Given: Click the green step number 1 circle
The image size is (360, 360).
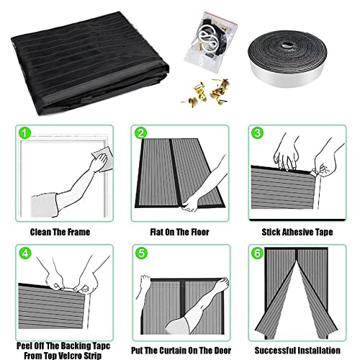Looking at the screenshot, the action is (24, 133).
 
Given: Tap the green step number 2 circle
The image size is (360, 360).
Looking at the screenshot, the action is (140, 133).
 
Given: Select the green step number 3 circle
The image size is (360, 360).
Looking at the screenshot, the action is (258, 132).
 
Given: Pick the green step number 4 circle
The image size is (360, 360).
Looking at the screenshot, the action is (25, 253).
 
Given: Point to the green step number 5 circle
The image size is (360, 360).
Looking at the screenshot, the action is (142, 253).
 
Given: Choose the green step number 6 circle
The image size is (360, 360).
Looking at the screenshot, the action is (258, 253).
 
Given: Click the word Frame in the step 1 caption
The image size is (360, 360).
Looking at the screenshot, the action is (78, 232).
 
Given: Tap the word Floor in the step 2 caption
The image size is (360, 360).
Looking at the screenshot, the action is (200, 232).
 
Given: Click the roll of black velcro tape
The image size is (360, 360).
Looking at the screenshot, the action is (287, 59).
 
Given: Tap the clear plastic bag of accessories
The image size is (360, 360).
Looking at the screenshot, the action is (210, 42).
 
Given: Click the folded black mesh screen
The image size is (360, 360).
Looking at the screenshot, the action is (90, 63).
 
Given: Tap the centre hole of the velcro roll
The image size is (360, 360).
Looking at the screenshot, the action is (286, 45).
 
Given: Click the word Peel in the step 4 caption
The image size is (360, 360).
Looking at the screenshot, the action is (24, 346).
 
